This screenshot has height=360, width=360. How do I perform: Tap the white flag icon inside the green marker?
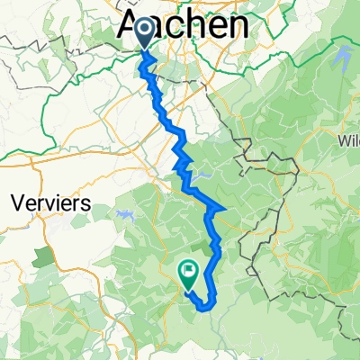point(189,267)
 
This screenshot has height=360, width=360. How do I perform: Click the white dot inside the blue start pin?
point(144,31)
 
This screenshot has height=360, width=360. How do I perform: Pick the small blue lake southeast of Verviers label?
point(121,214)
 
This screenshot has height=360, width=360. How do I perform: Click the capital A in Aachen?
point(130,24)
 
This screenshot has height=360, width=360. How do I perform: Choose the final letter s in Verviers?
point(85,204)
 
